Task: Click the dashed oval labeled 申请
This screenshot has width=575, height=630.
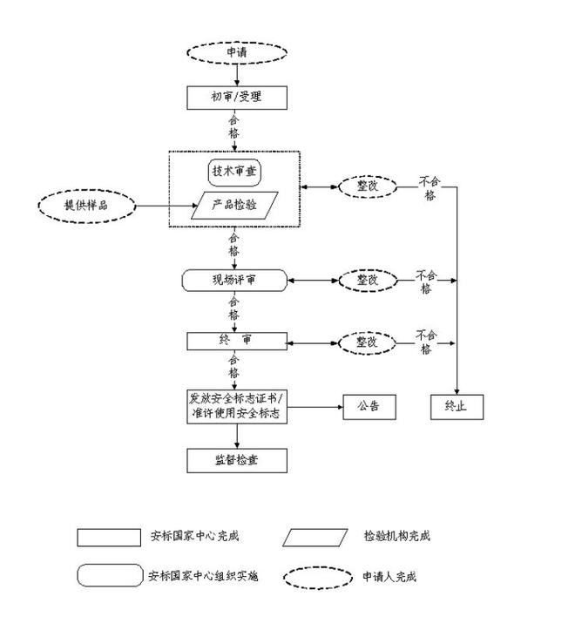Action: (236, 51)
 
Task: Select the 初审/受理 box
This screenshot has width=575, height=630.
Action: (236, 97)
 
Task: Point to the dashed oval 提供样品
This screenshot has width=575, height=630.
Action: (87, 206)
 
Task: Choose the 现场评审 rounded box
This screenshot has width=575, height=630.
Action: (234, 281)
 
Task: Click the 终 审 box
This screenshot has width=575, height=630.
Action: (236, 341)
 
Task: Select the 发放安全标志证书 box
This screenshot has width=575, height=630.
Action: (236, 406)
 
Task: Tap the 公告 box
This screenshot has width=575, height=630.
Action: (369, 406)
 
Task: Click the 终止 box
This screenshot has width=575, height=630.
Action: (457, 406)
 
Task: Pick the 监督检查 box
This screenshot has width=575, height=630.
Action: (236, 460)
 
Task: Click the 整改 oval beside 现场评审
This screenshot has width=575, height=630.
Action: (367, 281)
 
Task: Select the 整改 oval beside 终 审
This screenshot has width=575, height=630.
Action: (367, 342)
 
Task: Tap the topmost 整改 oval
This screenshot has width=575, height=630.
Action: (367, 186)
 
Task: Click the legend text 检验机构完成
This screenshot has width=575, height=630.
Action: (397, 537)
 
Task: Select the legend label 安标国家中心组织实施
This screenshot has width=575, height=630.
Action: (202, 577)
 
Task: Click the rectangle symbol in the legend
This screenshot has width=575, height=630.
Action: (109, 537)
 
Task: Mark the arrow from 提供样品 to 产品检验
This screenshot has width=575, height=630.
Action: (166, 207)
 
